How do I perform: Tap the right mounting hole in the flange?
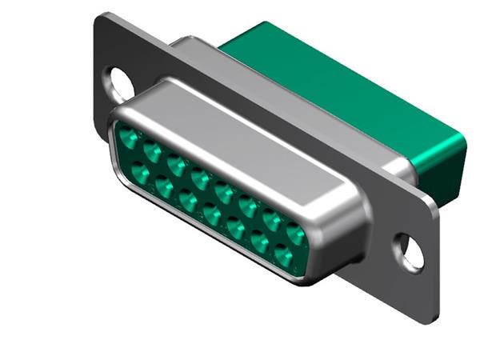pyautogui.click(x=410, y=250)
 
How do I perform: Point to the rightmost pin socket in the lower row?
pyautogui.click(x=283, y=257)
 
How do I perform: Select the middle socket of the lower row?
pyautogui.click(x=212, y=214)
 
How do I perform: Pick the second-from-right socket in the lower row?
pyautogui.click(x=260, y=242)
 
